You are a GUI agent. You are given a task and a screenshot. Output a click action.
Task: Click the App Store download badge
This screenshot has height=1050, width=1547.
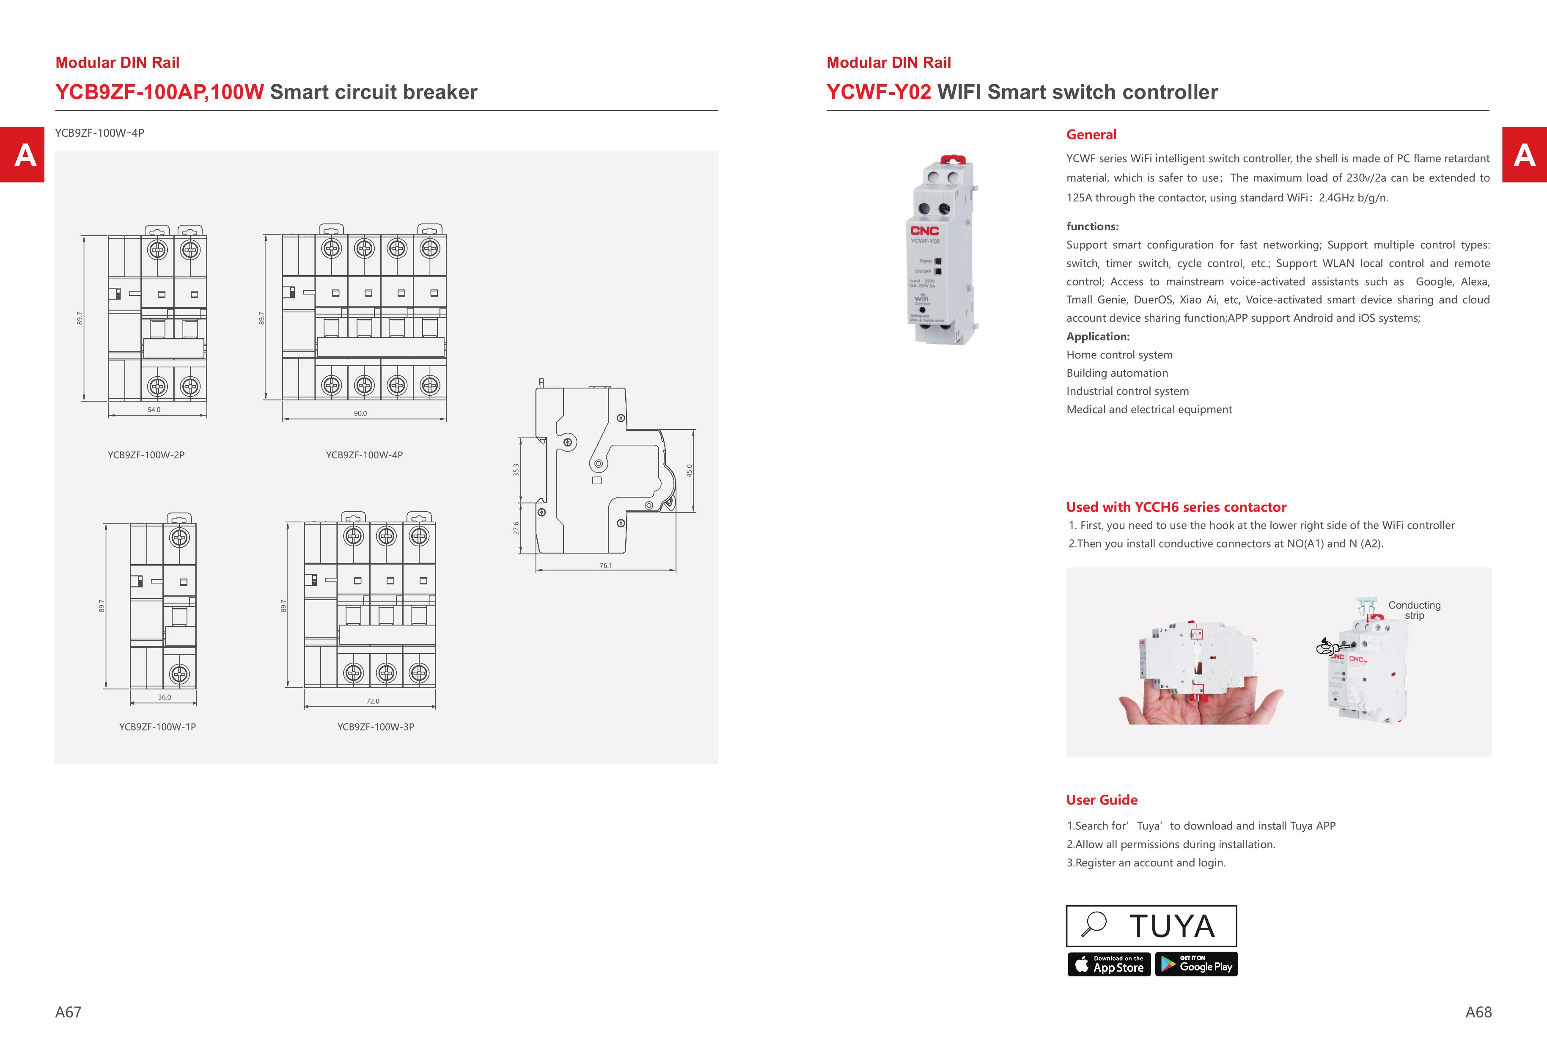[x=1109, y=964]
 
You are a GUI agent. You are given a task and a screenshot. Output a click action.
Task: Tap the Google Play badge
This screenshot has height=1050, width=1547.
[x=1196, y=964]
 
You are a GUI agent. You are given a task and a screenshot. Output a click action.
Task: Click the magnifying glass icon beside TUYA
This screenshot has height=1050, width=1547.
[x=1094, y=924]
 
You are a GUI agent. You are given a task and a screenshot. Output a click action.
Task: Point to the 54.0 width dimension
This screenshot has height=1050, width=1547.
[x=154, y=410]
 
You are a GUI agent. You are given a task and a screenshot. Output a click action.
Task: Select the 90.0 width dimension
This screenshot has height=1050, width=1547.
[x=360, y=413]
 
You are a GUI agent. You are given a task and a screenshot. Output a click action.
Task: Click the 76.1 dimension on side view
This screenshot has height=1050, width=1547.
[x=605, y=565]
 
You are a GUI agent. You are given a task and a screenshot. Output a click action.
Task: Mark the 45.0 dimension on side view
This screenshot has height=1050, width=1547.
[x=689, y=470]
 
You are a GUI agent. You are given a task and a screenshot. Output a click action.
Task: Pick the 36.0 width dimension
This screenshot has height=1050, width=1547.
[x=165, y=697]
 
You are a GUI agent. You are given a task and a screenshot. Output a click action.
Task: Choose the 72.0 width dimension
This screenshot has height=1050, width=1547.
[x=373, y=701]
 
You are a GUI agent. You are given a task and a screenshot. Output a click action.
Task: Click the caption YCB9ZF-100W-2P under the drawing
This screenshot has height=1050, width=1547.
[x=146, y=455]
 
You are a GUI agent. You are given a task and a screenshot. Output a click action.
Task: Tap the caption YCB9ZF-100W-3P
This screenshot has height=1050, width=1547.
[x=375, y=726]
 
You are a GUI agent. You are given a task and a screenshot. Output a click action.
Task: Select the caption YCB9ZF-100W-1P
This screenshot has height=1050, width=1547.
[x=157, y=726]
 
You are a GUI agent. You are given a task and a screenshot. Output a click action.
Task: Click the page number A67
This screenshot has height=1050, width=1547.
[x=68, y=1012]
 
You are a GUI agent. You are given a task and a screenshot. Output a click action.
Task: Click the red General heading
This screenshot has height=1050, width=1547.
[x=1091, y=135]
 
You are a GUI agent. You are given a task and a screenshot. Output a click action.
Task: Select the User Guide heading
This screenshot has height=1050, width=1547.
[x=1102, y=799]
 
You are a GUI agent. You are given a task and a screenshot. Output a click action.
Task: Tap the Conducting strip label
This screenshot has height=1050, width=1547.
[x=1414, y=610]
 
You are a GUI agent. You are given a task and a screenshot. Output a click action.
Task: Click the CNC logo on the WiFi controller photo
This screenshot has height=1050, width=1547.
[x=925, y=230]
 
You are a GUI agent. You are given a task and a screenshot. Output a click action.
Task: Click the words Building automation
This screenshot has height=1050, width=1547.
[x=1117, y=373]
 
